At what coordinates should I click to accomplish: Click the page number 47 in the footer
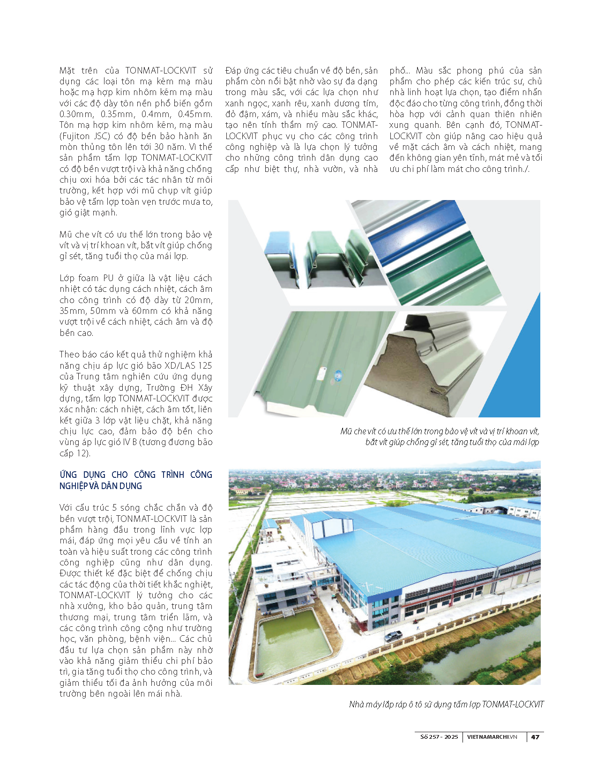tap(535, 737)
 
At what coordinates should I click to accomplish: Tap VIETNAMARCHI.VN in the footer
tap(492, 737)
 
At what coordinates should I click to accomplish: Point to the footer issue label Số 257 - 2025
tap(439, 737)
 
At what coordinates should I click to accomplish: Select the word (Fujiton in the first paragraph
tap(75, 136)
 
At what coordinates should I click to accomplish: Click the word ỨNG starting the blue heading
tap(68, 475)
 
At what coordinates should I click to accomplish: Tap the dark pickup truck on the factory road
tap(393, 636)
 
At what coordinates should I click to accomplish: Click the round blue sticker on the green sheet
tap(337, 375)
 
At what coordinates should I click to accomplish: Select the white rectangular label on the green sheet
tap(322, 373)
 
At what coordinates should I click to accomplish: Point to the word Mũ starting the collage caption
tap(346, 431)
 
